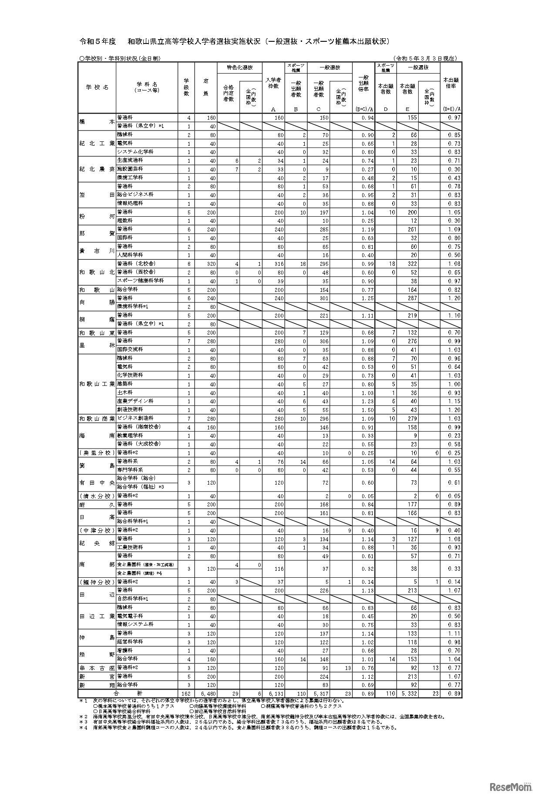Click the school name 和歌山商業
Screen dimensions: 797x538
point(97,419)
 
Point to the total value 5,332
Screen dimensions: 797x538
point(408,693)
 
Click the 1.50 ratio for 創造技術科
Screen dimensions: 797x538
point(367,410)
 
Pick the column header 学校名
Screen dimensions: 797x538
point(97,87)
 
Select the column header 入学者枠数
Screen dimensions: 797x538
point(273,83)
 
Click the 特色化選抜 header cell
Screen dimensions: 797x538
point(239,67)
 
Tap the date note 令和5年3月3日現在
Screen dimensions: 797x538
point(425,58)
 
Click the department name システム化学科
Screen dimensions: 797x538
point(136,152)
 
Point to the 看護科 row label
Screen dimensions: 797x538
point(124,650)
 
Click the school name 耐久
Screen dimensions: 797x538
point(97,505)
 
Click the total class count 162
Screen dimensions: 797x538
point(186,693)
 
